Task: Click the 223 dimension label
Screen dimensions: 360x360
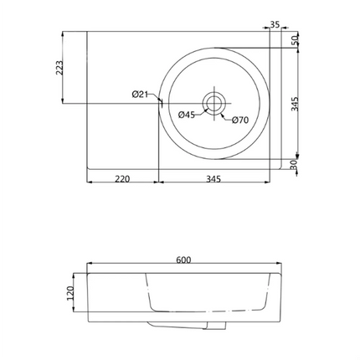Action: point(59,68)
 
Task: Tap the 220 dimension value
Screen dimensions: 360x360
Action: point(122,178)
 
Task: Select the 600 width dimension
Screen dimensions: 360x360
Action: point(183,260)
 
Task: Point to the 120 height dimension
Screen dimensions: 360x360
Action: point(70,293)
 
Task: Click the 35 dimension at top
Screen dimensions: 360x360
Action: point(275,24)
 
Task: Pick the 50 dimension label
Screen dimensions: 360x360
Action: point(295,41)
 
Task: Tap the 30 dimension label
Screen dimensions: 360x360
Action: point(294,165)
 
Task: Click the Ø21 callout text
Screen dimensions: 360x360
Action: point(140,95)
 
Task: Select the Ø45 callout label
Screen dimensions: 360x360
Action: point(187,115)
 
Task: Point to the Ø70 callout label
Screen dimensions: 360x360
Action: point(240,120)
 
